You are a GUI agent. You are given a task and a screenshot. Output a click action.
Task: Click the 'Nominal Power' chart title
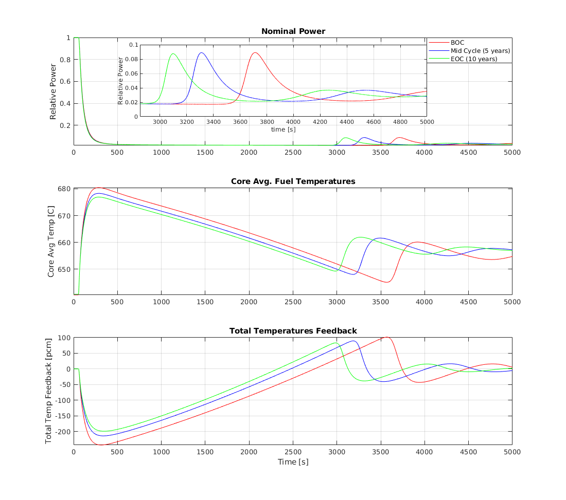click(x=293, y=31)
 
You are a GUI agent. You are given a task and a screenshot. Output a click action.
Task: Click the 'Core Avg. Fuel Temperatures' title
click(x=293, y=181)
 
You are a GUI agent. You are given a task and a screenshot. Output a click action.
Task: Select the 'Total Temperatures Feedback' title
click(x=293, y=330)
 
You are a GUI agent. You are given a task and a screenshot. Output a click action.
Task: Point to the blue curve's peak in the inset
click(x=201, y=52)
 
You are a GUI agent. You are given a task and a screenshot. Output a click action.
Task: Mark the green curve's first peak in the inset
click(x=173, y=53)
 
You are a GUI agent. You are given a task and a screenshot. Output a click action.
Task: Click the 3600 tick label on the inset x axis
click(x=240, y=122)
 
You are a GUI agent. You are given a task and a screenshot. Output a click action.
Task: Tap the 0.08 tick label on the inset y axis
click(x=133, y=59)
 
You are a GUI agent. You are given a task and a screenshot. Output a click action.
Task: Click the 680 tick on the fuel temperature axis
click(x=64, y=189)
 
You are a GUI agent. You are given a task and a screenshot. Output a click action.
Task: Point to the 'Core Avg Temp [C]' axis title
click(x=51, y=242)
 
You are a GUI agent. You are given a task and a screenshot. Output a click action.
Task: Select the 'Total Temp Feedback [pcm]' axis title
click(x=49, y=391)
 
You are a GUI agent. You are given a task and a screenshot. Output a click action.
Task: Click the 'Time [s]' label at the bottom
click(x=293, y=461)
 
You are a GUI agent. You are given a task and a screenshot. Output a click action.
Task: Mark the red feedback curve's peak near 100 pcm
click(x=386, y=337)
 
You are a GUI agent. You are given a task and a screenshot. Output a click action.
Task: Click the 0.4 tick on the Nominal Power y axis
click(x=66, y=103)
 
